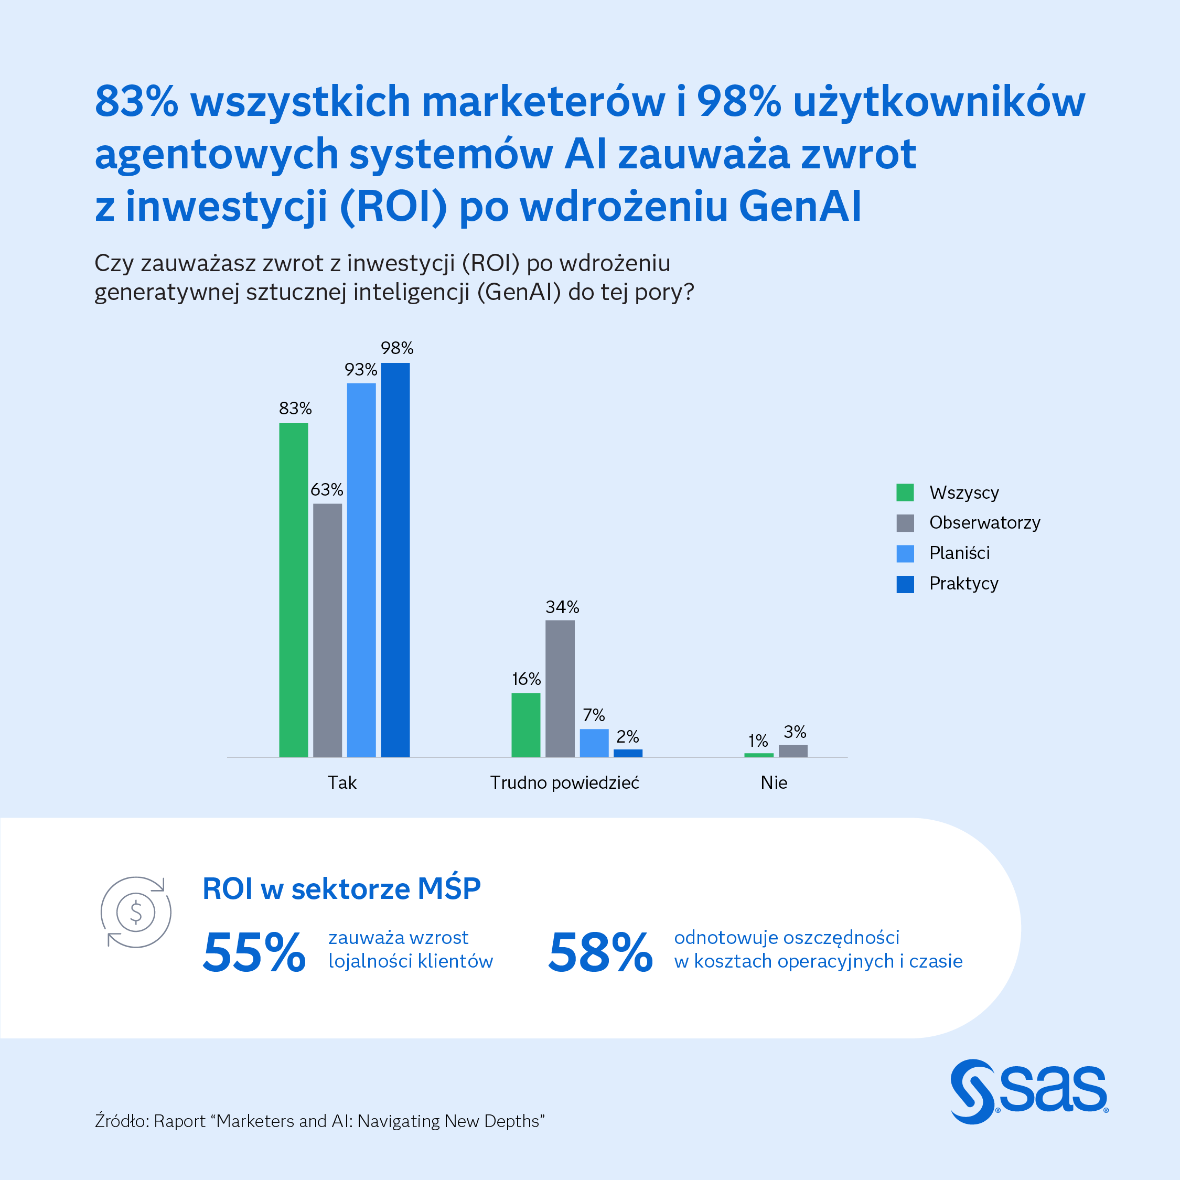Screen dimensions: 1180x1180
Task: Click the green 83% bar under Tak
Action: click(293, 590)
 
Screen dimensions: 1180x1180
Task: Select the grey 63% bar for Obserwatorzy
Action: click(327, 630)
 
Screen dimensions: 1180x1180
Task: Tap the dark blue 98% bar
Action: click(395, 560)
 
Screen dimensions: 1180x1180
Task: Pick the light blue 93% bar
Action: click(361, 570)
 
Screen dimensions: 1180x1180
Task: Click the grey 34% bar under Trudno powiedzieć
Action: click(560, 688)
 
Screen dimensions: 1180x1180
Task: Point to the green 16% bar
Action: click(525, 725)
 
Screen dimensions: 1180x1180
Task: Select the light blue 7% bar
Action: click(594, 743)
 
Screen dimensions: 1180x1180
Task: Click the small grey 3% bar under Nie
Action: click(793, 750)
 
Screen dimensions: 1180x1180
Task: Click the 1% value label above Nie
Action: click(758, 741)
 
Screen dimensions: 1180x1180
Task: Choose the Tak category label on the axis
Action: click(341, 782)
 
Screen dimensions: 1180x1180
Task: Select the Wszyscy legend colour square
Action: click(905, 492)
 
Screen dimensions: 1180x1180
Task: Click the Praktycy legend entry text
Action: click(963, 583)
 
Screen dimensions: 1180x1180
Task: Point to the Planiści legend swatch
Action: click(905, 553)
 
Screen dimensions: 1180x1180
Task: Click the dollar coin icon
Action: click(136, 912)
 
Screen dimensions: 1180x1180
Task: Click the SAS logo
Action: click(1028, 1091)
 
